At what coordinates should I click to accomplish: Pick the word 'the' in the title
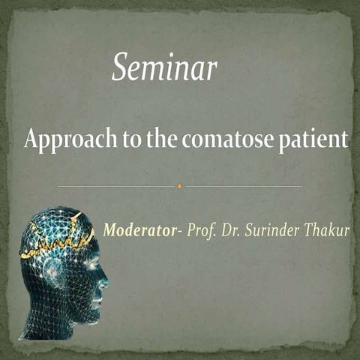[159, 139]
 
